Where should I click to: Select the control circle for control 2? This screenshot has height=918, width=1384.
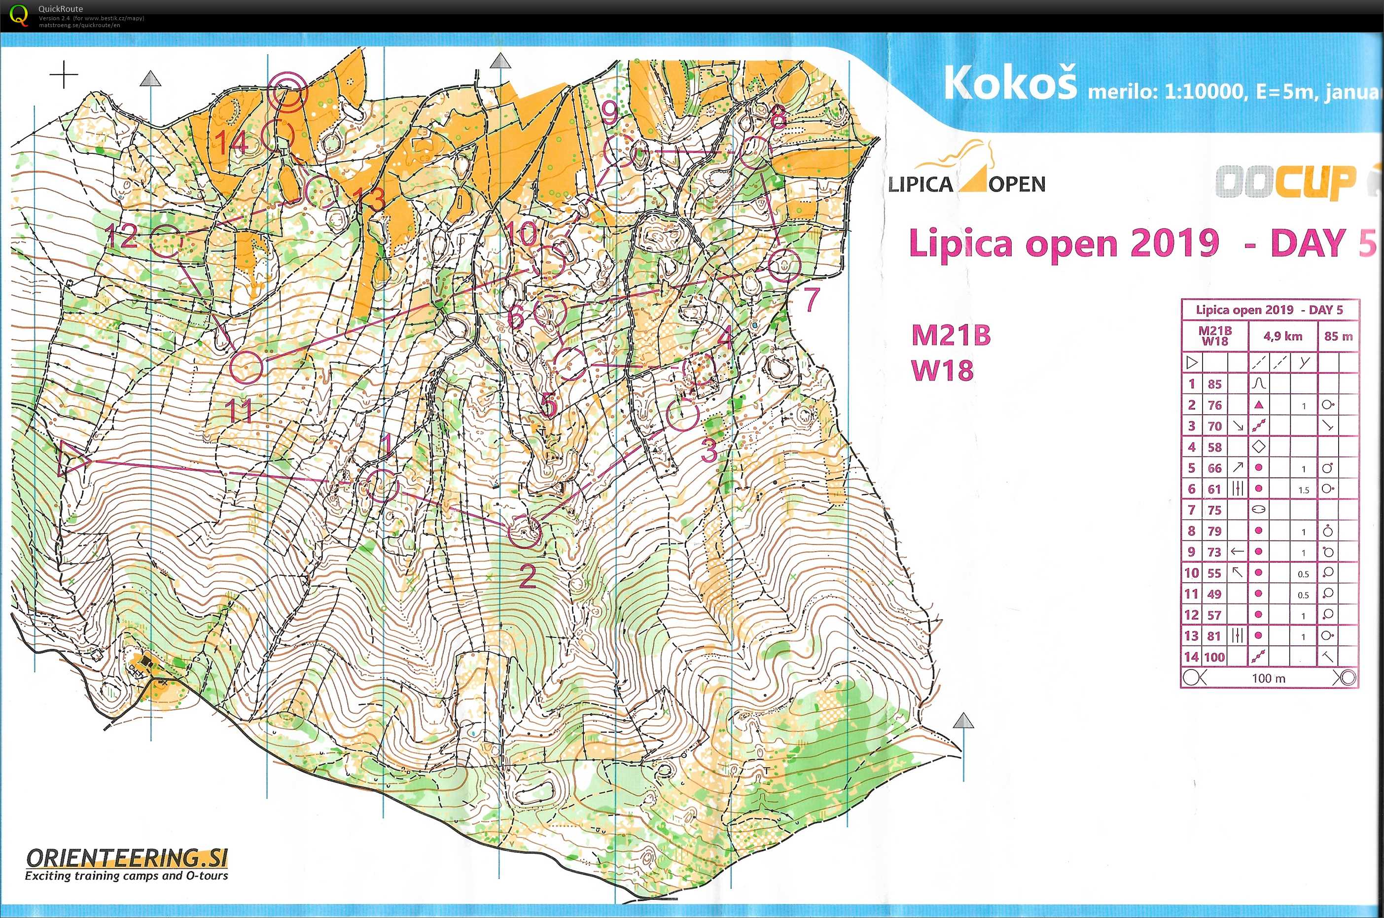pyautogui.click(x=524, y=531)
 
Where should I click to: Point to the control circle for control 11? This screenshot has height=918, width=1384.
pyautogui.click(x=247, y=367)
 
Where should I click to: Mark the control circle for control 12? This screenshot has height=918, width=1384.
pyautogui.click(x=166, y=241)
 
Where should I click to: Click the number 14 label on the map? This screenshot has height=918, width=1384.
pyautogui.click(x=232, y=143)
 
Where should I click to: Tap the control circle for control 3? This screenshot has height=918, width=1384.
pyautogui.click(x=683, y=415)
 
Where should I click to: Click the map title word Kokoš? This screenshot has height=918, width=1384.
pyautogui.click(x=1009, y=83)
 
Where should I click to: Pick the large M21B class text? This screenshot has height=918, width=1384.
pyautogui.click(x=951, y=335)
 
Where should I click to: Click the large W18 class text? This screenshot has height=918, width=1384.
pyautogui.click(x=943, y=370)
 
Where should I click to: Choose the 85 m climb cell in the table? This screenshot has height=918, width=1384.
pyautogui.click(x=1338, y=336)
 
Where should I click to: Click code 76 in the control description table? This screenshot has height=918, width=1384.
pyautogui.click(x=1214, y=405)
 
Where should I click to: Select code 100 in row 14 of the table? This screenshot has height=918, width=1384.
pyautogui.click(x=1214, y=657)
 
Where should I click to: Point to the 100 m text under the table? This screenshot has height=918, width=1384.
pyautogui.click(x=1268, y=678)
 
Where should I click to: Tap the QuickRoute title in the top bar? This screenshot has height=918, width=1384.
pyautogui.click(x=60, y=9)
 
